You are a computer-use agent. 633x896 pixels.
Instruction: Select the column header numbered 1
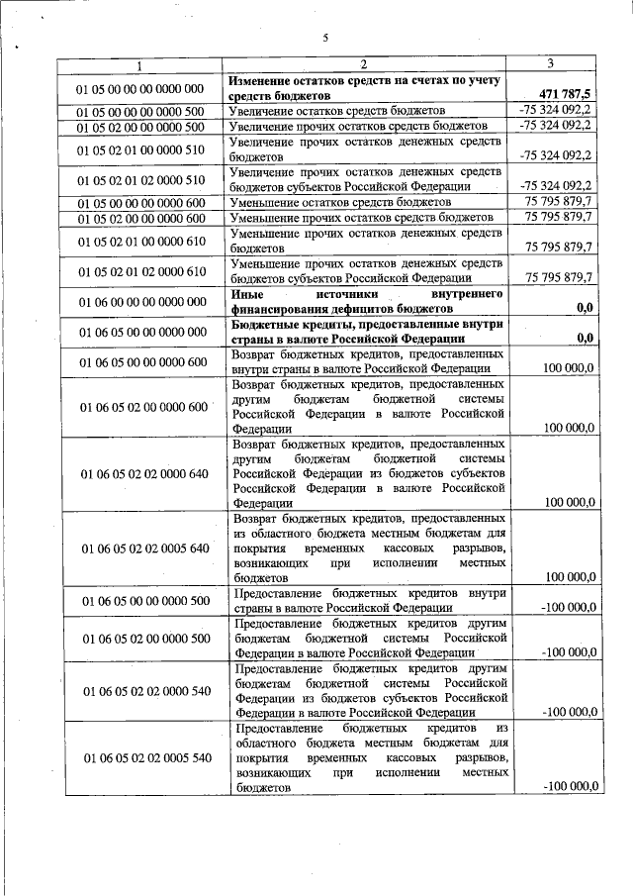point(139,65)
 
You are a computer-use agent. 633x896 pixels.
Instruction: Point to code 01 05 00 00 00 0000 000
point(139,88)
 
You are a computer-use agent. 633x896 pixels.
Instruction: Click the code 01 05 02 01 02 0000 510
point(139,179)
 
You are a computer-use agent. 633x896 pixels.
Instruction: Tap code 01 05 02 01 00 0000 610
point(139,241)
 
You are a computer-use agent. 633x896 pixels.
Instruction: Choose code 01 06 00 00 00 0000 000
point(139,301)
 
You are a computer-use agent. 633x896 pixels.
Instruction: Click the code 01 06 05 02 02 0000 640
point(139,473)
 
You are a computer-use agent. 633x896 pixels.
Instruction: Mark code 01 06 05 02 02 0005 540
point(139,757)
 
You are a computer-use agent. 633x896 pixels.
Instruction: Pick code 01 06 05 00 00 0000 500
point(139,600)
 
